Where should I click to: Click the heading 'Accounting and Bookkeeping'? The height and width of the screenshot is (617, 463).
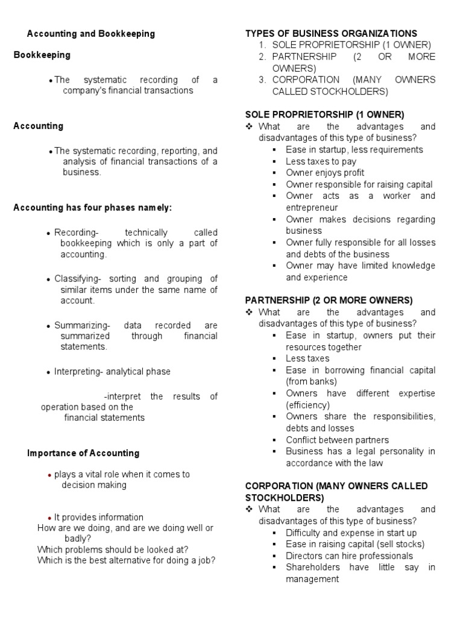point(91,34)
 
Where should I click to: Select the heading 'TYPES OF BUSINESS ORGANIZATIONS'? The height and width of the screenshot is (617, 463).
point(331,34)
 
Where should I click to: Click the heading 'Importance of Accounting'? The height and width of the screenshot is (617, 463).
point(83,453)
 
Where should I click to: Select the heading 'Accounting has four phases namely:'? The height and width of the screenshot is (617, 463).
point(93,208)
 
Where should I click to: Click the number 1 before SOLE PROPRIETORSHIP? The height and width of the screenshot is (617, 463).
point(262,45)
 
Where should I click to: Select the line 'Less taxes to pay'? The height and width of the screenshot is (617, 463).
point(321,161)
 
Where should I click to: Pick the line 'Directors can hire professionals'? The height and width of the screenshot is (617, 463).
point(349,556)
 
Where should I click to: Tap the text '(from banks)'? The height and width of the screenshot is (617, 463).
point(311,381)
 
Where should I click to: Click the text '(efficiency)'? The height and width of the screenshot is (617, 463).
point(308,405)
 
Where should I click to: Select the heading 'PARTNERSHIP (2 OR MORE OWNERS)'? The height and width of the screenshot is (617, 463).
point(329,300)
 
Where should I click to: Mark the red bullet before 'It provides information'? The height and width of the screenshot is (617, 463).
point(49,518)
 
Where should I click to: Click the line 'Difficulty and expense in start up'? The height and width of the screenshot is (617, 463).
point(351,533)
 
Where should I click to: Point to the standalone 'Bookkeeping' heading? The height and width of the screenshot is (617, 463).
point(42,55)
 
